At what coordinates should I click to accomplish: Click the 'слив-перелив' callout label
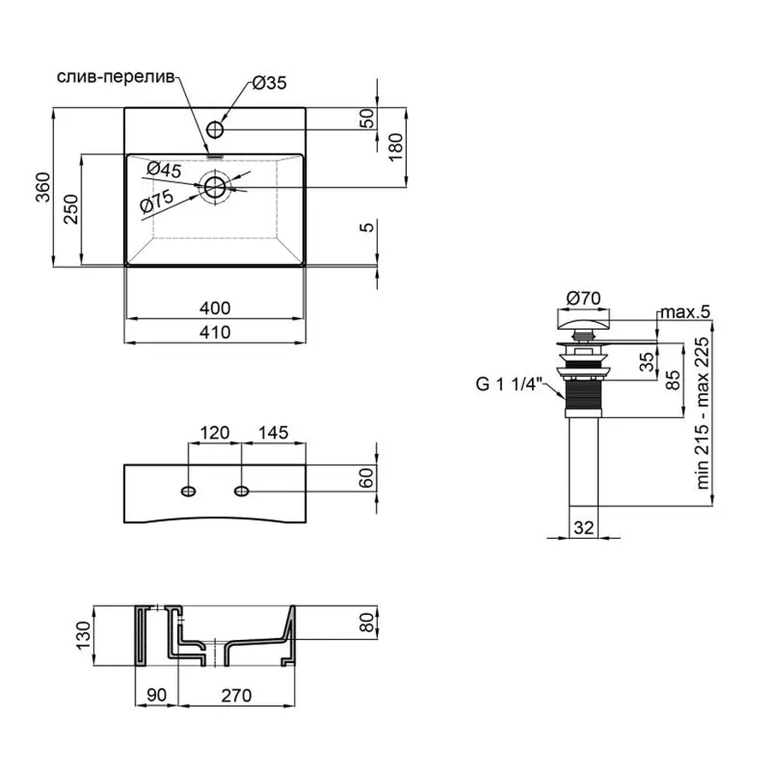(x=117, y=77)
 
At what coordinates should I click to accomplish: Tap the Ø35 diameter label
(x=268, y=83)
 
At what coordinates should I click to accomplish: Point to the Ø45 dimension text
(x=164, y=170)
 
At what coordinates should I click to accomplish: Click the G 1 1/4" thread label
(x=505, y=385)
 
